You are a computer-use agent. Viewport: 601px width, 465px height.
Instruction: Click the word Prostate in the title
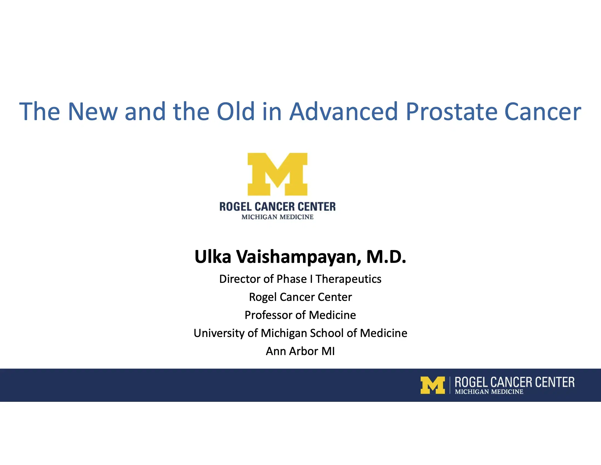451,112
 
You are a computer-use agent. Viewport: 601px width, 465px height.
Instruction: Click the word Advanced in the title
344,112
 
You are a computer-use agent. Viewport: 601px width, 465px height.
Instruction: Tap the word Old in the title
235,112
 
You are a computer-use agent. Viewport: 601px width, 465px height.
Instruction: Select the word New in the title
92,112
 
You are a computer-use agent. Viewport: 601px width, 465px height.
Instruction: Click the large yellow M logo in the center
277,174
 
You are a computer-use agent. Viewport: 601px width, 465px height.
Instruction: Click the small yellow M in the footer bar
432,385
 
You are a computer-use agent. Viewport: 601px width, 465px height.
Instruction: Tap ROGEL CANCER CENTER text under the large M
277,207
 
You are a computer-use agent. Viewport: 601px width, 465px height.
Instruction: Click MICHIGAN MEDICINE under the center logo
277,217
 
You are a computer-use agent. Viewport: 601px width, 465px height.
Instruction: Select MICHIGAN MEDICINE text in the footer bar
489,392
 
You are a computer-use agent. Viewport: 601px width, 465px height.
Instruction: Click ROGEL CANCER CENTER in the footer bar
514,382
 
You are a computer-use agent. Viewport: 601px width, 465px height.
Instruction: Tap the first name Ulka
213,257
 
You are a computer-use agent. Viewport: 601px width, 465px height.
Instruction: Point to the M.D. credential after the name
386,257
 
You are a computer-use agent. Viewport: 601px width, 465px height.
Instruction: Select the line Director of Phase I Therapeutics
300,279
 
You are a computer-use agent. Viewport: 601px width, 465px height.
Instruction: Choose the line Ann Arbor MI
300,351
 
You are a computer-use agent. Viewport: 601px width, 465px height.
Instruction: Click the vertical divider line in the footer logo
450,385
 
